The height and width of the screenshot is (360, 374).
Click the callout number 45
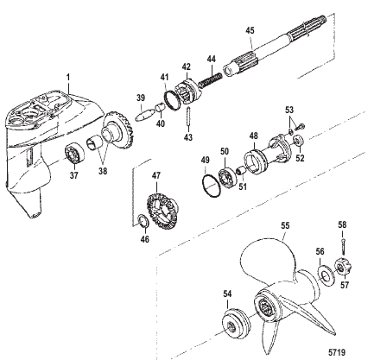click(x=250, y=30)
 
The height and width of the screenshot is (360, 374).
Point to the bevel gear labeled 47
click(x=162, y=211)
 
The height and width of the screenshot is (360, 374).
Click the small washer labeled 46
click(x=143, y=220)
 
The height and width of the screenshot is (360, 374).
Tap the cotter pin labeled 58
click(x=343, y=244)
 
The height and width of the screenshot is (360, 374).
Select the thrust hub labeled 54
click(x=236, y=323)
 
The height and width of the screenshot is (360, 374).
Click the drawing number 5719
click(x=337, y=352)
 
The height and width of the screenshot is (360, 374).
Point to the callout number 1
click(x=68, y=77)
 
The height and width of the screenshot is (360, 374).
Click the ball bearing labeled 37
click(x=74, y=155)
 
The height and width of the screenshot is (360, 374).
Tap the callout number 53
click(x=289, y=110)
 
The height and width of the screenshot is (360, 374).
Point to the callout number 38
click(x=103, y=171)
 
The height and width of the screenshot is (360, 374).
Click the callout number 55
click(x=285, y=225)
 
